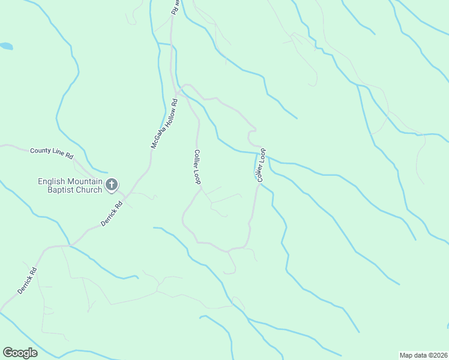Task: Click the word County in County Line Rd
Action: pos(40,151)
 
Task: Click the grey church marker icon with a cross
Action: pos(112,185)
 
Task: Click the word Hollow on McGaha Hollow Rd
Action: pos(168,116)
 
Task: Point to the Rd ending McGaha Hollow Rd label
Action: pos(175,102)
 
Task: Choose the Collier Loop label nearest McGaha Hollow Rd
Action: pos(197,167)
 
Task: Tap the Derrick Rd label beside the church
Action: pos(112,214)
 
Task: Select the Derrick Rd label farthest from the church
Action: pos(28,280)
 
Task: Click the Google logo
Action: pos(20,353)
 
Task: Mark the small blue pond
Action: pos(5,46)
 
